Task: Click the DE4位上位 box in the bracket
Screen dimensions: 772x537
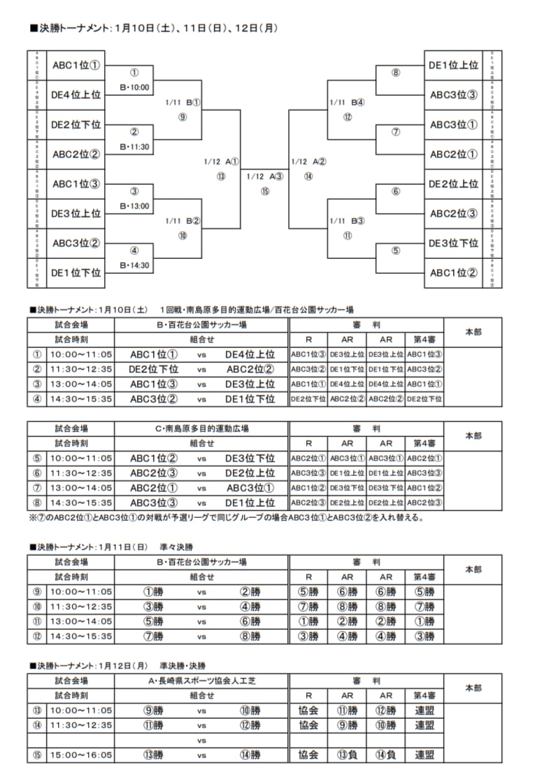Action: pos(76,94)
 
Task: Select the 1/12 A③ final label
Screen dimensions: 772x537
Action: pos(264,176)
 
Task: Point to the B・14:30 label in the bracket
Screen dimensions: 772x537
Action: pos(135,265)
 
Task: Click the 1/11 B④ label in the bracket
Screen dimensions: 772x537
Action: pos(348,102)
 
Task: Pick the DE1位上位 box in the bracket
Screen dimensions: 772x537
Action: pos(453,65)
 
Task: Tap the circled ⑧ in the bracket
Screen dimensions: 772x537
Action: pos(396,72)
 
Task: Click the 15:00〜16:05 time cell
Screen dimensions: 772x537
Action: pos(80,755)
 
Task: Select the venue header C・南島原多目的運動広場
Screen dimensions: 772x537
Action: pos(201,428)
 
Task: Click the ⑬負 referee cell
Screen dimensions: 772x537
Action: pos(347,755)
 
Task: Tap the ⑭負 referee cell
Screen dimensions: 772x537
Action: pos(386,755)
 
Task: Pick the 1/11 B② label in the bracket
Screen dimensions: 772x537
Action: pos(182,220)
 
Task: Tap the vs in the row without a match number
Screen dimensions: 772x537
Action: pos(201,740)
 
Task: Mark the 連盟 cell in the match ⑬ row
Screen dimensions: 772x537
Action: pos(424,710)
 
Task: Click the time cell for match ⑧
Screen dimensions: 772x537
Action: pos(80,503)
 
